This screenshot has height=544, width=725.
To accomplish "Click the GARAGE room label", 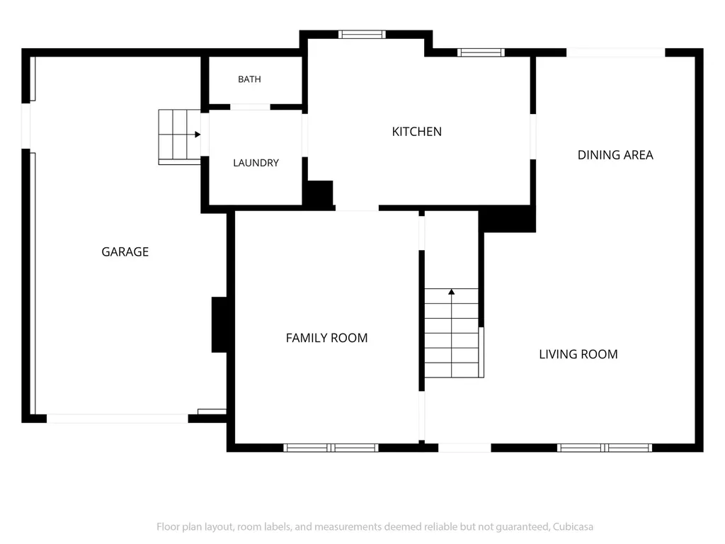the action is click(125, 251).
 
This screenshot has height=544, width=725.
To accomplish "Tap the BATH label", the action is click(249, 79).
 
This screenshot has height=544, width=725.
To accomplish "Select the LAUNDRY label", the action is click(256, 163).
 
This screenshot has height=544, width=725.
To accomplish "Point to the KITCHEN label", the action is click(416, 132).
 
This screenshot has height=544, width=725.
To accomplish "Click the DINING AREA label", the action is click(615, 155).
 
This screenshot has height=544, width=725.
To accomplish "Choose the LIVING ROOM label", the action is click(578, 354).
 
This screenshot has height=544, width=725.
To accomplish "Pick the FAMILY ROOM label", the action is click(326, 338).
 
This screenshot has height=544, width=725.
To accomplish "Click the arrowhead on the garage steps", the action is click(198, 135).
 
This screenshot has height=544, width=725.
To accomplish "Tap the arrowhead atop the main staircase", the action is click(451, 292).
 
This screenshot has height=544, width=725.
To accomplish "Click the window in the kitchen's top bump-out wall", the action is click(362, 34).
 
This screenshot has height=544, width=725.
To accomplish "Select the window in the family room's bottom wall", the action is click(331, 448).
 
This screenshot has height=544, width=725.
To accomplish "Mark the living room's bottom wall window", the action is click(605, 448).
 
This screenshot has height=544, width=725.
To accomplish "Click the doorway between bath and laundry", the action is click(250, 107).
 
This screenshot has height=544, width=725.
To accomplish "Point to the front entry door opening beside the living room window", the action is click(464, 448).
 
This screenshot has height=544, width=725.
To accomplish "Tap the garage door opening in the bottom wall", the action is click(118, 419).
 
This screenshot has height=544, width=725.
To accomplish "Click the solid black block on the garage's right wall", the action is click(219, 324).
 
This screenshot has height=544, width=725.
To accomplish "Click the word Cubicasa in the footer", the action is click(573, 527).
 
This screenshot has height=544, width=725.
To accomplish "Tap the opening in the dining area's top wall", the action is click(616, 52).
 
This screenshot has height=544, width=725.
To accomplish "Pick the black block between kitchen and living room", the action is click(508, 219).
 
